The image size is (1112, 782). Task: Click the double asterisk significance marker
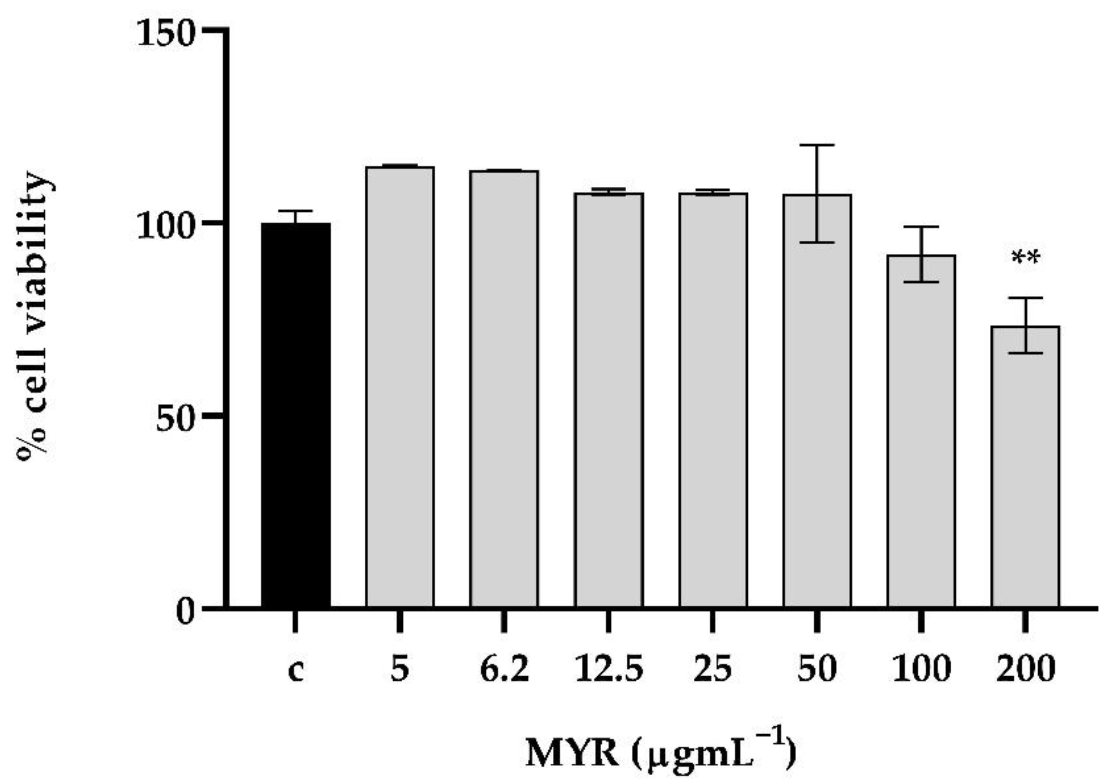1025,258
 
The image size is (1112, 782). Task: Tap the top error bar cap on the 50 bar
817,145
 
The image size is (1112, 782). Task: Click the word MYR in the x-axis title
572,752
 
